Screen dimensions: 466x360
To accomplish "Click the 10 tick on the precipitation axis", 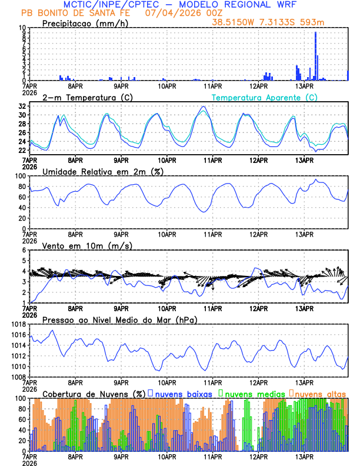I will coord(22,28).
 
